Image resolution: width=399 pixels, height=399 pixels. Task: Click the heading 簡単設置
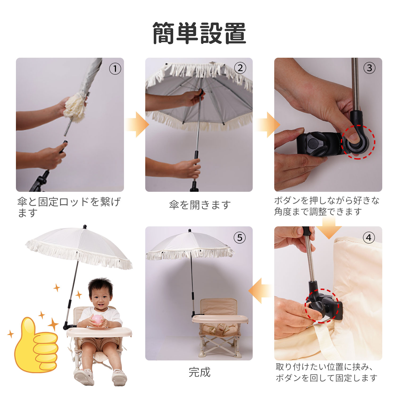(x=199, y=33)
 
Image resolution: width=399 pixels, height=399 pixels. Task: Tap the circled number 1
(x=115, y=69)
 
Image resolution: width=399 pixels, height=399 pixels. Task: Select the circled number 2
(x=240, y=68)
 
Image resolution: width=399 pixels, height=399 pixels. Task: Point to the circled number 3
(x=369, y=68)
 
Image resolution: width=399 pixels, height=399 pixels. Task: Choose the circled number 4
(x=369, y=237)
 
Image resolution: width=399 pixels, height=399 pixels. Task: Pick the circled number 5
(x=240, y=237)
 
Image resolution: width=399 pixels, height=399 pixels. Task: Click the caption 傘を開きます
(x=200, y=205)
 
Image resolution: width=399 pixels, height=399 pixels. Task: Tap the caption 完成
(x=199, y=372)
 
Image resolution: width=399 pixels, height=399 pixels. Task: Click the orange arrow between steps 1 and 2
(x=137, y=124)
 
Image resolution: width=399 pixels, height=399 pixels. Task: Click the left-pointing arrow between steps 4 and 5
(x=260, y=291)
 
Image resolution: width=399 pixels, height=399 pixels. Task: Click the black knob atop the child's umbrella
(x=85, y=227)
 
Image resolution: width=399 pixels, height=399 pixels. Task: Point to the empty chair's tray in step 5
(x=220, y=319)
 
